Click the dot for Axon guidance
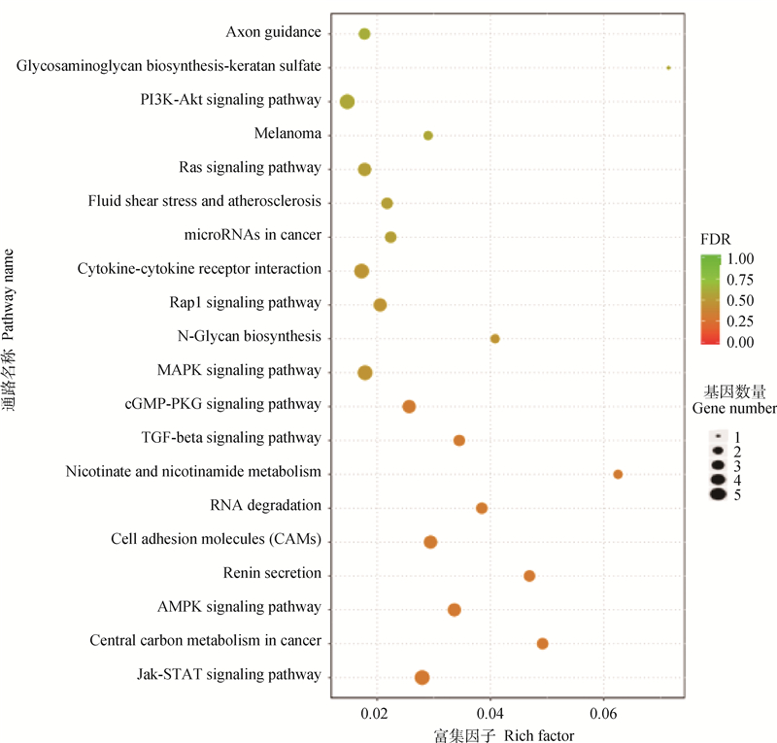[364, 34]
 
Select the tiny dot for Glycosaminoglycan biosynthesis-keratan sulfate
[668, 68]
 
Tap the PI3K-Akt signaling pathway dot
[347, 101]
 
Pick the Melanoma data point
[427, 136]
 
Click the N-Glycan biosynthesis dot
[494, 339]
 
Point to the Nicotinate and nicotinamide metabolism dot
[618, 474]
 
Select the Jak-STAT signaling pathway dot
[422, 677]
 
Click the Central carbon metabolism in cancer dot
[542, 644]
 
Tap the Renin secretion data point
[529, 576]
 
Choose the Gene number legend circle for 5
[718, 494]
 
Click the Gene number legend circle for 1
[718, 437]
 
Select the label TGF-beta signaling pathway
[230, 438]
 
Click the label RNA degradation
[265, 506]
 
